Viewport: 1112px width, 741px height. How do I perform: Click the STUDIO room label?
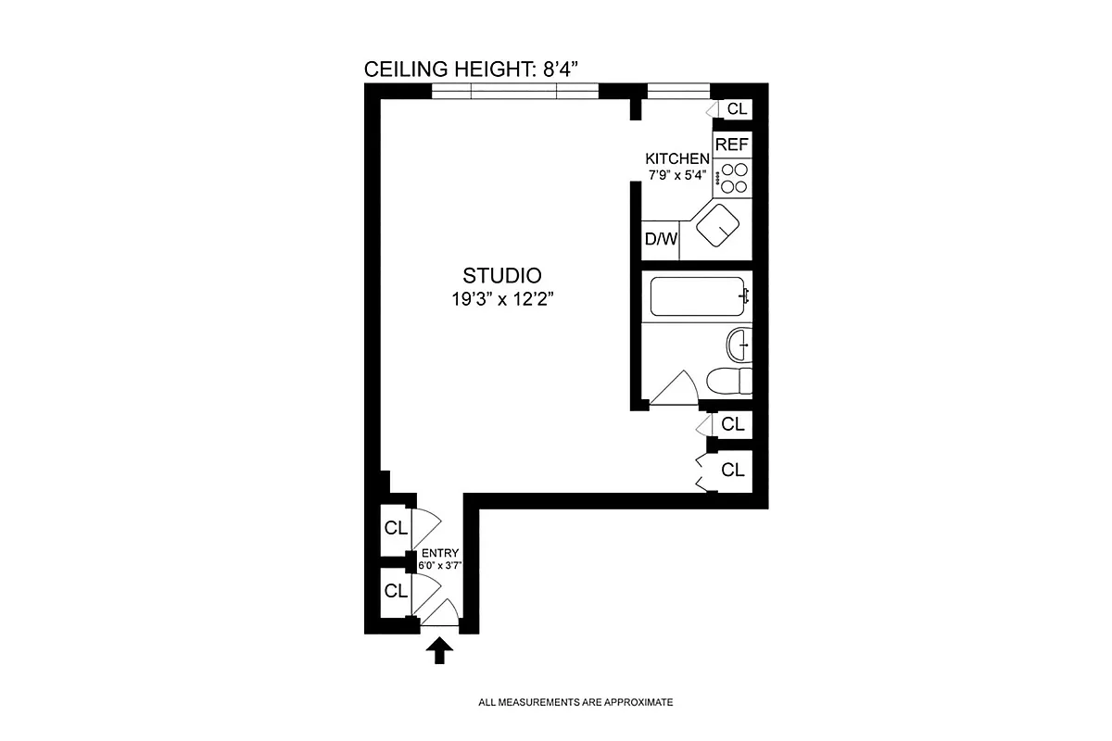point(501,275)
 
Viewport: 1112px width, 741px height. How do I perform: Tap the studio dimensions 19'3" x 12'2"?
point(501,298)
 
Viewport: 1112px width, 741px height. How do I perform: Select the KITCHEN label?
point(677,159)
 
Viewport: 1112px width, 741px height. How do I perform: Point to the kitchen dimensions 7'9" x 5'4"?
point(676,174)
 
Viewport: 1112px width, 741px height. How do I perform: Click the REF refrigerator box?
point(732,144)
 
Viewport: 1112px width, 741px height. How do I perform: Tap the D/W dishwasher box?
point(661,239)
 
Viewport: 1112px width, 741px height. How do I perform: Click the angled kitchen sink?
point(717,227)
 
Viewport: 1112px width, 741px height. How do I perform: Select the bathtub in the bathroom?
point(698,296)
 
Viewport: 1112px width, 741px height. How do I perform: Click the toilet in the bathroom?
point(729,381)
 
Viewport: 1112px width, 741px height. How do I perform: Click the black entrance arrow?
point(441,652)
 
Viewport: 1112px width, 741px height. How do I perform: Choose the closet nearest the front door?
point(396,590)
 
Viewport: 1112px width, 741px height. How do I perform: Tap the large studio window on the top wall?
point(515,91)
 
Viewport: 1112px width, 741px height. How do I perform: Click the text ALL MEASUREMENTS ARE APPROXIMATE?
point(575,702)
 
